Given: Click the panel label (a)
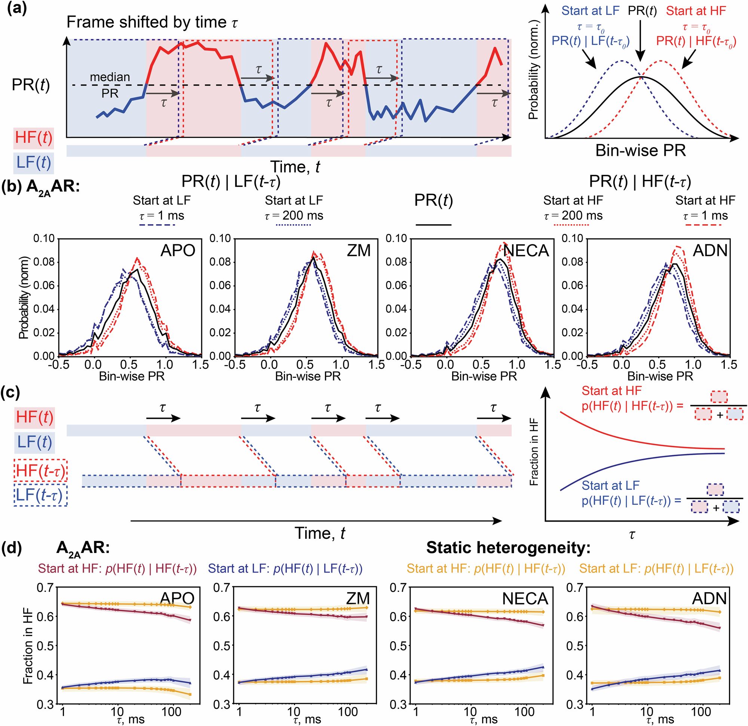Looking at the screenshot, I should pos(17,8).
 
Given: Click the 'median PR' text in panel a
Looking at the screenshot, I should pos(110,85).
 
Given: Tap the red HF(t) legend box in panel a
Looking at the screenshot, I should pos(34,138).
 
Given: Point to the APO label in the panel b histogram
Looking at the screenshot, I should pos(178,250).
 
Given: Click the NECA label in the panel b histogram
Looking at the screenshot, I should pos(525,250).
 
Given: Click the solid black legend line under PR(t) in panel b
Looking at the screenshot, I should pos(433,225).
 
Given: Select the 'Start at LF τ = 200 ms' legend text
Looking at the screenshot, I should pos(294,207).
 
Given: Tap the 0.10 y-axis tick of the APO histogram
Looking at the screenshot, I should pos(44,239).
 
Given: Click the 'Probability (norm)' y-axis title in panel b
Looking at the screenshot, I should pos(24,297).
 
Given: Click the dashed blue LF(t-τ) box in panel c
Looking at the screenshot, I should pos(41,495).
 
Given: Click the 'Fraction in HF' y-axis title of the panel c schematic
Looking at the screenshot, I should pos(534,452).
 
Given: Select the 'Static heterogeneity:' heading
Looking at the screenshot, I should pos(508,547).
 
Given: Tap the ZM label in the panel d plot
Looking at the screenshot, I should pos(358,598).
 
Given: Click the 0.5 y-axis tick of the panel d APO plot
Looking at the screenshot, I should pos(45,646).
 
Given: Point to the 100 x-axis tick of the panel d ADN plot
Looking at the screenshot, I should pos(701,711).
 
